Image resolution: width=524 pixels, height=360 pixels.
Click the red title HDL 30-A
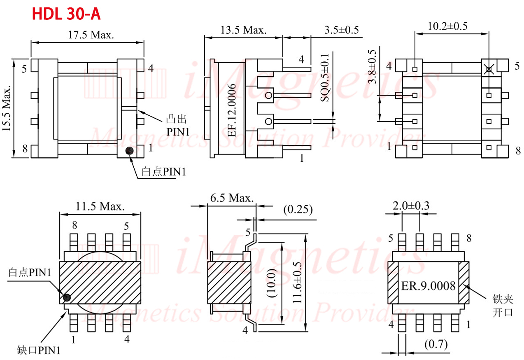[x=66, y=14]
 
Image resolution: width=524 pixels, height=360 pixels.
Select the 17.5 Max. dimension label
[x=91, y=35]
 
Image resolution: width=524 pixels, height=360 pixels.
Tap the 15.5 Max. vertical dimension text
[x=6, y=108]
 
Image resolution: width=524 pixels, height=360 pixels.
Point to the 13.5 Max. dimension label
[x=244, y=30]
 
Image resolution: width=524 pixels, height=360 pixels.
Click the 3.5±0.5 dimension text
[x=342, y=30]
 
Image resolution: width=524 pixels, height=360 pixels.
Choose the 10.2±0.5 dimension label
[x=447, y=26]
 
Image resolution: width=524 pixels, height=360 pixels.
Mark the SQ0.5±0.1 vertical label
[x=325, y=78]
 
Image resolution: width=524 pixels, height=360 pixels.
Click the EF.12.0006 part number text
[x=232, y=110]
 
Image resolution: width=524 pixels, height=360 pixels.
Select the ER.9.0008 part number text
[x=429, y=286]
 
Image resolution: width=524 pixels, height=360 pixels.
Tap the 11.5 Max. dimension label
[x=100, y=206]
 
